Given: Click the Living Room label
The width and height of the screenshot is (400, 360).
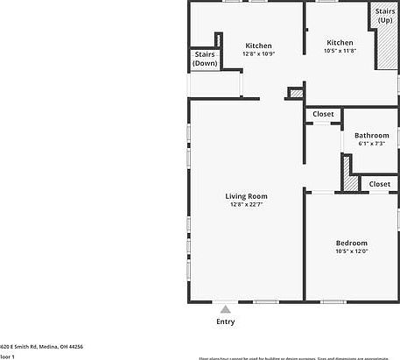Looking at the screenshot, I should [247, 196].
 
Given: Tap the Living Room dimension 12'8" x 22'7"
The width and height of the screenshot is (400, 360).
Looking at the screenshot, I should [247, 205].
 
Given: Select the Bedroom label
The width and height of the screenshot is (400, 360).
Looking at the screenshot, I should [351, 243].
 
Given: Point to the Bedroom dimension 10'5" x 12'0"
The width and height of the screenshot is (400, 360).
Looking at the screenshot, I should [351, 252].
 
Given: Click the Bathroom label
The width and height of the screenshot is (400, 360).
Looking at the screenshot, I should [371, 135].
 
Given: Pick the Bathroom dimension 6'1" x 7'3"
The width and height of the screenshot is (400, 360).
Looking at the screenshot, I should [371, 144].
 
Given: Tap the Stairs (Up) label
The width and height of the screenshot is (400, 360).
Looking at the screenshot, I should [385, 16].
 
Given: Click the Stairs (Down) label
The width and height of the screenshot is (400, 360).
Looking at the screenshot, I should [205, 59].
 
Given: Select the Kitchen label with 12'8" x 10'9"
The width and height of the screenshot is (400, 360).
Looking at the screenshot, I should [258, 46].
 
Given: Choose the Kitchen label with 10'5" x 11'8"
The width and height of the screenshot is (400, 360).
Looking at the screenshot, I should [340, 42].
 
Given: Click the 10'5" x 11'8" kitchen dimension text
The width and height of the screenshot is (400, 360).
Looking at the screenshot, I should [340, 52].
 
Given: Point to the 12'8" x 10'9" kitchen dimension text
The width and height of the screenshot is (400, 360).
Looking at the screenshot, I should [258, 54].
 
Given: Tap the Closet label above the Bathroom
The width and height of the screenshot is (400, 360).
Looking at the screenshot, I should [323, 114].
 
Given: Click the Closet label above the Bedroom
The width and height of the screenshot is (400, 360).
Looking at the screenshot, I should [379, 184].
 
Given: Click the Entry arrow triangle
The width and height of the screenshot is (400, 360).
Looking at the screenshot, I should [225, 308].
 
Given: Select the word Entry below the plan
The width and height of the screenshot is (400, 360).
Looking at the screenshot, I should [225, 321].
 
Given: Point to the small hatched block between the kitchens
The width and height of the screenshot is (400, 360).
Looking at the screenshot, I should [296, 92].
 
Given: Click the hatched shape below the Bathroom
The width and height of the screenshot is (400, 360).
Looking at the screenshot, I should [349, 181].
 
